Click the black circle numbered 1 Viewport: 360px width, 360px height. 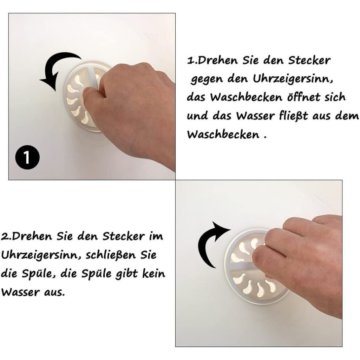coord(27,157)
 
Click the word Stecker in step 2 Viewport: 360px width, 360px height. coord(124,236)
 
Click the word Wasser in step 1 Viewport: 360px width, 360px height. coord(255,116)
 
